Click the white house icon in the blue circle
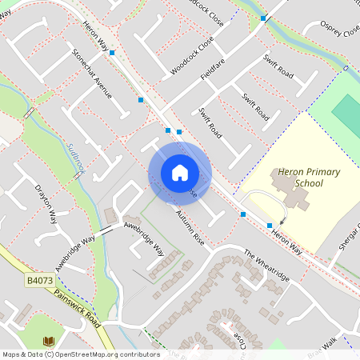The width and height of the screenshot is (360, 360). pos(179,173)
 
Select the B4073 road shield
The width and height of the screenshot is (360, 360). pos(39,281)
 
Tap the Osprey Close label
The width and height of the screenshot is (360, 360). pos(339,30)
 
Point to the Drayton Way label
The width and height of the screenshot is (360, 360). pos(46,205)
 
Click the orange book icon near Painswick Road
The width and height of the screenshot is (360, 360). pos(48,342)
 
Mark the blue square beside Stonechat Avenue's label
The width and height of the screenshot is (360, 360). pos(112,53)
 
